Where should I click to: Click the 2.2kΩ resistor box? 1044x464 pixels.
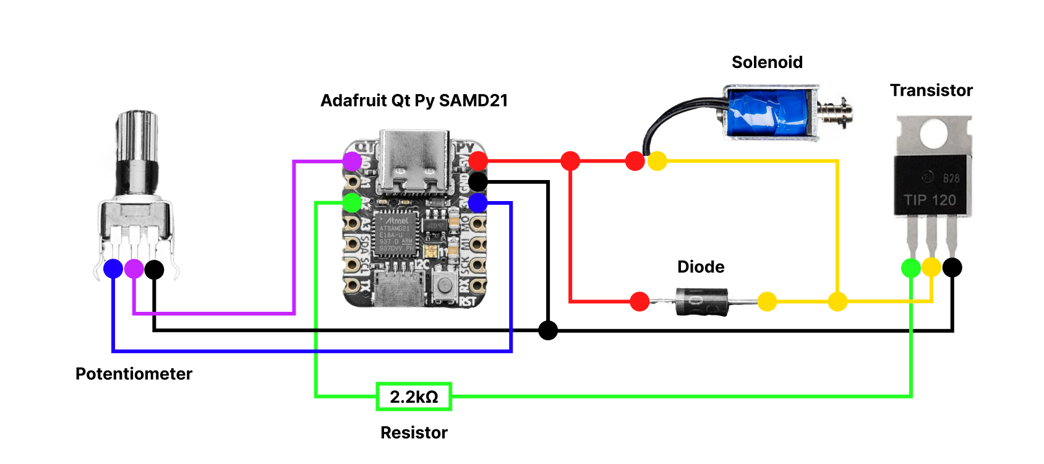pos(414,397)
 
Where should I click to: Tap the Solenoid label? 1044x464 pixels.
pos(767,62)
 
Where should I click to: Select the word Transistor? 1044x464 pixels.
pos(931,90)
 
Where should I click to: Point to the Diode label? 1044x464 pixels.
pos(701,267)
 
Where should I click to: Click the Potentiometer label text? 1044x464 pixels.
pos(134,374)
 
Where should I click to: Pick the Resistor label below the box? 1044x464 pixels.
pos(414,432)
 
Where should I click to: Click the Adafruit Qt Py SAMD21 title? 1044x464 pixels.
pos(414,100)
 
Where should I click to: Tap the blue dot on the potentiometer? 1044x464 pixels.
pos(113,269)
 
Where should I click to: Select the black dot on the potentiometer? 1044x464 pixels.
pos(154,269)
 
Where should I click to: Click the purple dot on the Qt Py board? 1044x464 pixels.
pos(352,161)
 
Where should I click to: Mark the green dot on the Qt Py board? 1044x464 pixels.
pos(352,202)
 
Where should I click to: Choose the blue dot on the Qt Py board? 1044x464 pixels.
pos(477,202)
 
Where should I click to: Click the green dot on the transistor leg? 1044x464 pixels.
pos(911,268)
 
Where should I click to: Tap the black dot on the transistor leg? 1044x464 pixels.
pos(952,267)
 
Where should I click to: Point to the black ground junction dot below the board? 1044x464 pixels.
pos(548,330)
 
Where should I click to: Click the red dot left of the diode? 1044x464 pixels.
pos(640,301)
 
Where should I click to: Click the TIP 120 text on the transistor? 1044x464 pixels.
pos(930,200)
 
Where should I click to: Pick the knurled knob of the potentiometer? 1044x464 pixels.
pos(137,133)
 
